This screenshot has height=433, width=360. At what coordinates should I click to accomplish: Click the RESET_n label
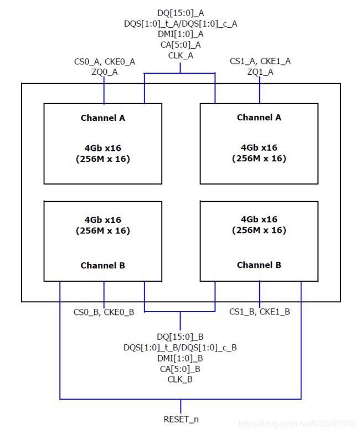pyautogui.click(x=181, y=419)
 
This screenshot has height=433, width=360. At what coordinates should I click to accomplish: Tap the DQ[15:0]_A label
pyautogui.click(x=181, y=13)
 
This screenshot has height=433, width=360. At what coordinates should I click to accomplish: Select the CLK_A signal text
pyautogui.click(x=181, y=55)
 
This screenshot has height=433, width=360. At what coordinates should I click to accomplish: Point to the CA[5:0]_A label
pyautogui.click(x=181, y=45)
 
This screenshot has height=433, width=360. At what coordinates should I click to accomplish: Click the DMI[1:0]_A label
pyautogui.click(x=181, y=34)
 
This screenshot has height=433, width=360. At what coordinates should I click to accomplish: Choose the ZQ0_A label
pyautogui.click(x=105, y=72)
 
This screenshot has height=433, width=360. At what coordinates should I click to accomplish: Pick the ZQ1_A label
pyautogui.click(x=260, y=72)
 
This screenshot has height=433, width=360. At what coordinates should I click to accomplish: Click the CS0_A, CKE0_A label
pyautogui.click(x=105, y=62)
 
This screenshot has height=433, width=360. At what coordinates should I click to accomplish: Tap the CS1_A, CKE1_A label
pyautogui.click(x=260, y=61)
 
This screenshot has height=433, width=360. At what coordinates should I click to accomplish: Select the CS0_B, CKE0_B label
pyautogui.click(x=104, y=312)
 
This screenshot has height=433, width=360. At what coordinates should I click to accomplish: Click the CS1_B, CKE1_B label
pyautogui.click(x=260, y=312)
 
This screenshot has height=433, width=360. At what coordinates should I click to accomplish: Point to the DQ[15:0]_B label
pyautogui.click(x=180, y=337)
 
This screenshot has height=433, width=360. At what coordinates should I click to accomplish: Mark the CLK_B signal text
pyautogui.click(x=180, y=379)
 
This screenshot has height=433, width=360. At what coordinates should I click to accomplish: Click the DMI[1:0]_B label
pyautogui.click(x=180, y=358)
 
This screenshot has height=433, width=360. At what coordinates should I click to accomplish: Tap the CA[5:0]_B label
pyautogui.click(x=180, y=369)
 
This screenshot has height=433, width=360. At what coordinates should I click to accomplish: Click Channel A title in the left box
pyautogui.click(x=103, y=118)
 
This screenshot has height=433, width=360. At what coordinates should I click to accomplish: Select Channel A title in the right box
pyautogui.click(x=259, y=118)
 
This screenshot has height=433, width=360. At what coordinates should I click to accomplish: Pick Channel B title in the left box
pyautogui.click(x=103, y=266)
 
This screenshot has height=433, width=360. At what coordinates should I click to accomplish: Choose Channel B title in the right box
pyautogui.click(x=259, y=265)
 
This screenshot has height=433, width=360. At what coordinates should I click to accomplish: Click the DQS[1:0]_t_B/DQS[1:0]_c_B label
pyautogui.click(x=180, y=348)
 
